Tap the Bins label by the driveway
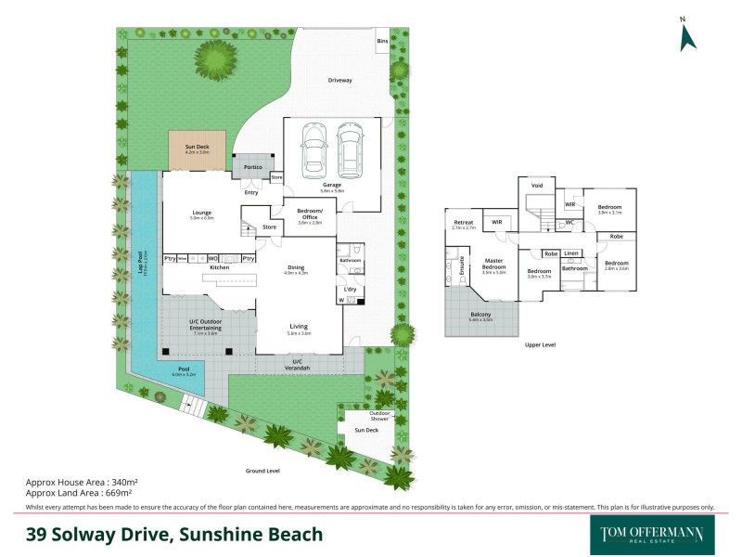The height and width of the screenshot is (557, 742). click(x=382, y=42)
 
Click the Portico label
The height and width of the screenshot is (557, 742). click(x=252, y=167)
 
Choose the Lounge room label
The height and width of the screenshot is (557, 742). click(x=201, y=213)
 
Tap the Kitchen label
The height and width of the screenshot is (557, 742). click(x=219, y=267)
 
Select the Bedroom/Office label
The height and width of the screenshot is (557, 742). click(x=309, y=215)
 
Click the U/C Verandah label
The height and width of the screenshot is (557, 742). click(x=297, y=364)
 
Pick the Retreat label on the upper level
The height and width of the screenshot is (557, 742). click(x=464, y=222)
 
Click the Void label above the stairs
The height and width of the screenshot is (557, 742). click(x=536, y=186)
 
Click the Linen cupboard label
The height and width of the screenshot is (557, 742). click(x=572, y=253)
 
